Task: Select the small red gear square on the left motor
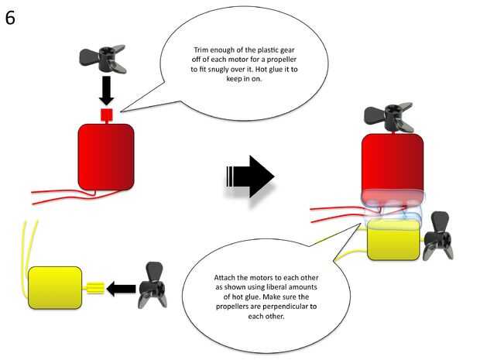[x=107, y=115]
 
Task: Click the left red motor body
[x=106, y=156]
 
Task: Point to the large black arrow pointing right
[x=249, y=177]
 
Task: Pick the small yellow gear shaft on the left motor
[x=94, y=289]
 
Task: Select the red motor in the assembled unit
[x=393, y=163]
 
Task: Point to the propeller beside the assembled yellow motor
[x=437, y=235]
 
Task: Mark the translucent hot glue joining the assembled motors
[x=393, y=207]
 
